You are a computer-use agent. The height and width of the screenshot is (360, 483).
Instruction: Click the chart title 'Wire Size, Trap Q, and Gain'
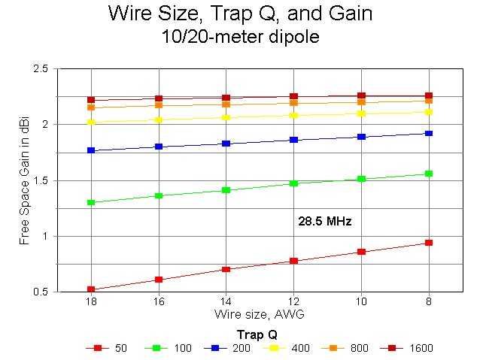click(240, 14)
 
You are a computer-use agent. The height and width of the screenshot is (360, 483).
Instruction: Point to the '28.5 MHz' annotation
click(325, 222)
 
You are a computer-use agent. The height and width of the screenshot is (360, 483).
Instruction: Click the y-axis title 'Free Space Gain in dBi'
click(24, 180)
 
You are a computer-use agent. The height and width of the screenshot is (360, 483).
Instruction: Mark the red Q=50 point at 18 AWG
click(91, 289)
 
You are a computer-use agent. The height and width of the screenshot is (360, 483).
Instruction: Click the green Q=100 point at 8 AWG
click(429, 174)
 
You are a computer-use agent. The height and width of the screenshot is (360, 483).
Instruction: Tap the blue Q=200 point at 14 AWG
click(226, 144)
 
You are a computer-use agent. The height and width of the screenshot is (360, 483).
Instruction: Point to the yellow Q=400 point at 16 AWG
click(158, 119)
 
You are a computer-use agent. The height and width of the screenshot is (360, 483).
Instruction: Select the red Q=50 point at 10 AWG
click(361, 252)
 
